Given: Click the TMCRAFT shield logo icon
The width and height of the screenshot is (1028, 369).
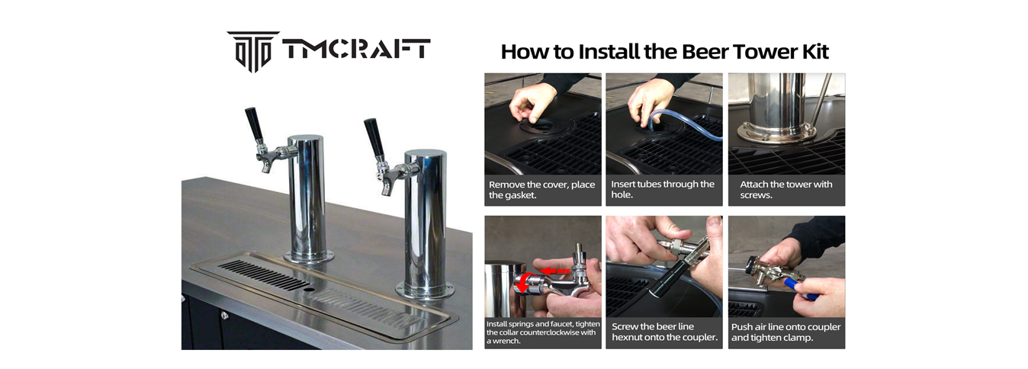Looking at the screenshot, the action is [253, 51].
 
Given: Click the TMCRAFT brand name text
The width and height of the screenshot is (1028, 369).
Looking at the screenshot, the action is [356, 49].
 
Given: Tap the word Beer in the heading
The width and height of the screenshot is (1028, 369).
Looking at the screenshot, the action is [706, 51].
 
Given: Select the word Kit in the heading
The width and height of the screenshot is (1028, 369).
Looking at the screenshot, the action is [815, 51].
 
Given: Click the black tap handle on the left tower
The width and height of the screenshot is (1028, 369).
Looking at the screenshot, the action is [254, 125].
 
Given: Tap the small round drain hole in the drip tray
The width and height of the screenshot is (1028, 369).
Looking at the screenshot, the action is [309, 289].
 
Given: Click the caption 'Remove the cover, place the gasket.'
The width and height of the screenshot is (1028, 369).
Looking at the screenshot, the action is [541, 190].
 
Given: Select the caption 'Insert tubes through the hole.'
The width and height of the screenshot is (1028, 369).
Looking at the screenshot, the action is [662, 190].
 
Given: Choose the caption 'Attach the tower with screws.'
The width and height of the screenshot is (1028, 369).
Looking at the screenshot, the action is [785, 190].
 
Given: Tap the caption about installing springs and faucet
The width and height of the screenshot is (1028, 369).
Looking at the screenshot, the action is [543, 332].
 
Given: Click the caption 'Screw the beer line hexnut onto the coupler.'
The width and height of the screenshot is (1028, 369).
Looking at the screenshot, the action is [664, 332].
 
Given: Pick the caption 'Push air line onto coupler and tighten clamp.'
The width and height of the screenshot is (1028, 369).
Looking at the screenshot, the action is [785, 332].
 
